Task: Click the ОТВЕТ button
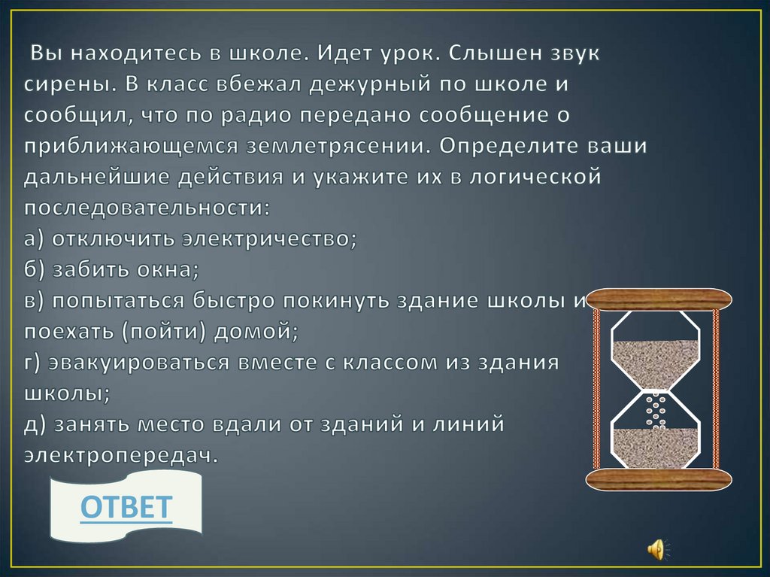126,508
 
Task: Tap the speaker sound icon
655,548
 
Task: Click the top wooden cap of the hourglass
660,299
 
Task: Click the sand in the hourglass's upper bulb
656,361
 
